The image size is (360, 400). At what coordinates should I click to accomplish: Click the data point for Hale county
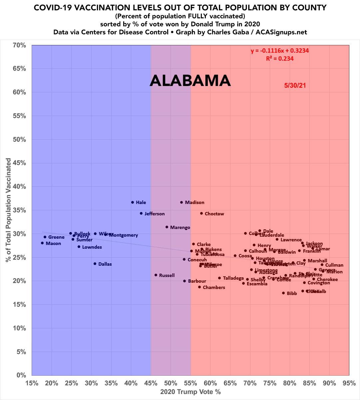[x=133, y=202]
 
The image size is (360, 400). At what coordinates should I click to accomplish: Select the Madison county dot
[x=181, y=202]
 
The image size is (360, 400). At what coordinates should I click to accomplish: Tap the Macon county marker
[x=42, y=243]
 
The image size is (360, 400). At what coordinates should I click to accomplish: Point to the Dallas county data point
[x=95, y=264]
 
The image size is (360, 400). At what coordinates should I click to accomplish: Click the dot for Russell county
[x=156, y=275]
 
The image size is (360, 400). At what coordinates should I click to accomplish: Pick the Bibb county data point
[x=283, y=293]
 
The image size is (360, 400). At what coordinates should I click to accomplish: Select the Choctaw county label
[x=214, y=214]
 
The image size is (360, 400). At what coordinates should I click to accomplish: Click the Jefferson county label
[x=154, y=214]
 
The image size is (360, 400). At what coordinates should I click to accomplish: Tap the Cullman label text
[x=334, y=265]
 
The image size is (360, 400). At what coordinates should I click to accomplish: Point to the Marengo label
[x=180, y=228]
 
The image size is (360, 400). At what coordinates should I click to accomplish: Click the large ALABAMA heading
[x=190, y=81]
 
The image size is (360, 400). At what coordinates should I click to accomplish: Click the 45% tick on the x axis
[x=151, y=383]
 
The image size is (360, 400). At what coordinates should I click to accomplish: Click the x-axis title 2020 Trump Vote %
[x=190, y=392]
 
